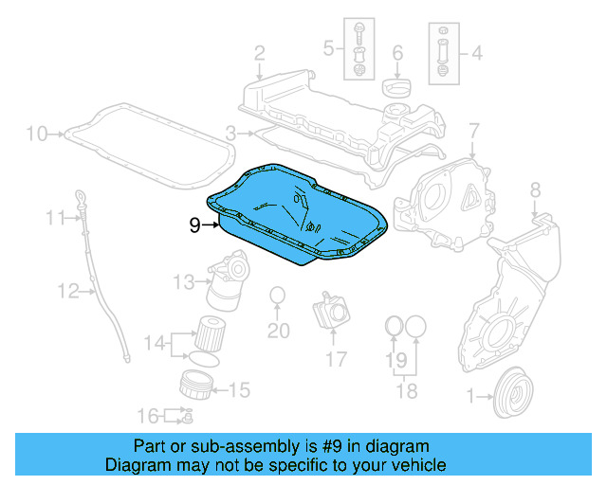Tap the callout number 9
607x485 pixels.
point(194,225)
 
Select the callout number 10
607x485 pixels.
point(35,134)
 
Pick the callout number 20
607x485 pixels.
point(277,331)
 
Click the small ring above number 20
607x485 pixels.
point(277,296)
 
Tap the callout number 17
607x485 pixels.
point(336,359)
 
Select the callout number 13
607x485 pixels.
point(183,280)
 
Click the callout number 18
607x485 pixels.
point(405,389)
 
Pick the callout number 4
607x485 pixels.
point(476,54)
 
